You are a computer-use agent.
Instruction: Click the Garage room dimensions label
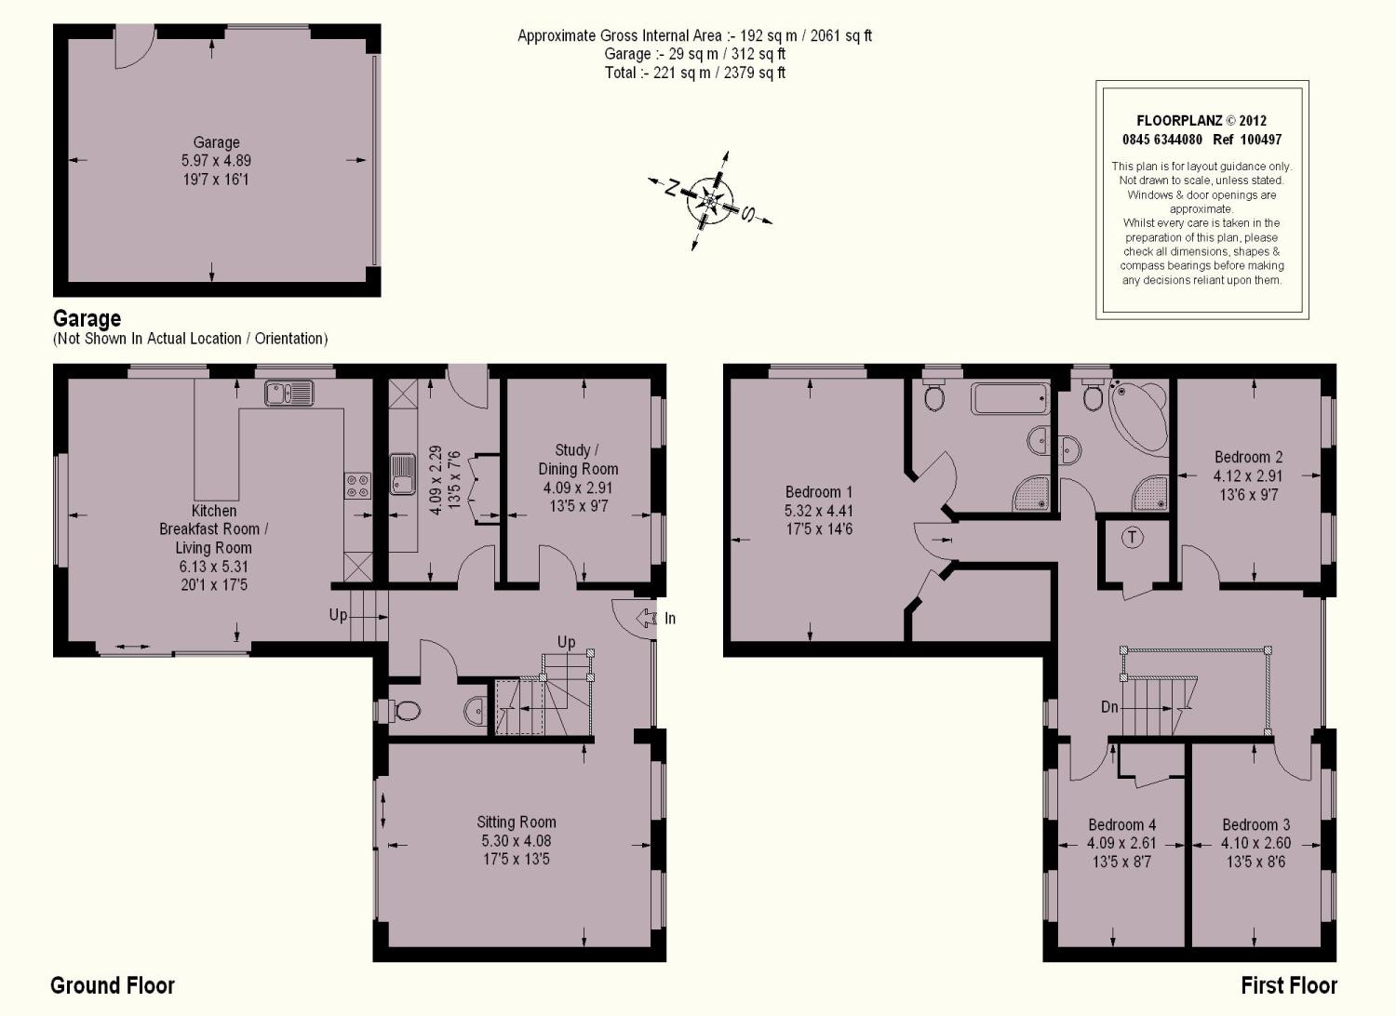(x=216, y=161)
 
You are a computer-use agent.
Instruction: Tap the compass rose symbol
(x=710, y=201)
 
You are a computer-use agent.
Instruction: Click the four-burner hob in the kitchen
(x=357, y=486)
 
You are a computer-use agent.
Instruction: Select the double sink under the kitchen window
(x=289, y=393)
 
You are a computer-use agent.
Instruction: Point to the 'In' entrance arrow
(x=646, y=618)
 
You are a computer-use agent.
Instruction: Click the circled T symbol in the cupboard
(x=1132, y=538)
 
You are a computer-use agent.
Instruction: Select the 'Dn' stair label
(x=1109, y=707)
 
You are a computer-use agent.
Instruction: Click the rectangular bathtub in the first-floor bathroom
(x=1010, y=398)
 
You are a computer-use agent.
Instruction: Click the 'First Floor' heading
(x=1289, y=985)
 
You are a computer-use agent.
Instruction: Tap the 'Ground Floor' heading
(x=113, y=985)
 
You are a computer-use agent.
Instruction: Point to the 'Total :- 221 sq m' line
(x=694, y=73)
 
